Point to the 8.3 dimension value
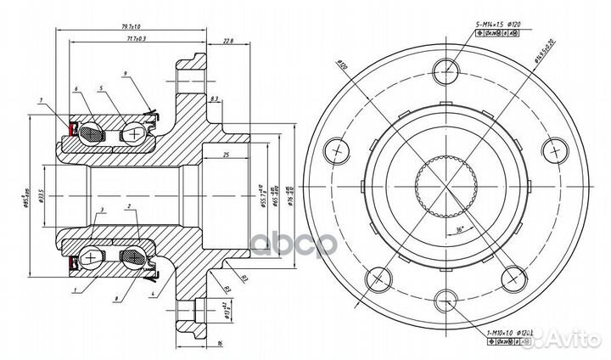(x=214, y=99)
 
